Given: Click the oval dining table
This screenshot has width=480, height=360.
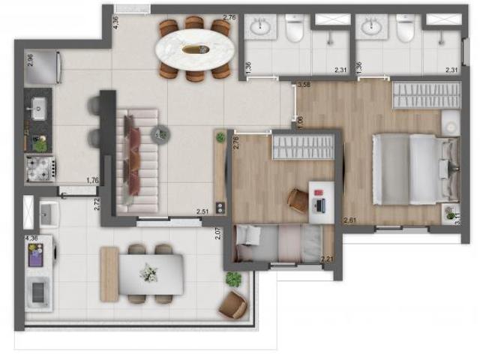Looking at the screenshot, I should [x=193, y=49].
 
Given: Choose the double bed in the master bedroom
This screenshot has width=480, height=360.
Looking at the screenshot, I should [x=413, y=169].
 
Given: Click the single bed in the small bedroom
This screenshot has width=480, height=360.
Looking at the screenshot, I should [x=277, y=244].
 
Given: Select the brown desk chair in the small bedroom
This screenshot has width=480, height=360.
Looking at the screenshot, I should [x=298, y=199].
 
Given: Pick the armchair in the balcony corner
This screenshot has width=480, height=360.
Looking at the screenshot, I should [x=233, y=304].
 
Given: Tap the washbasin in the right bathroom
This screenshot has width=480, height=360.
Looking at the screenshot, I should [x=370, y=28].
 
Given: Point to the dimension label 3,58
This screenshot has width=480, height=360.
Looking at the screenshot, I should [x=304, y=85].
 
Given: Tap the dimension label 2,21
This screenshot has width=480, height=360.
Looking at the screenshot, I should [x=327, y=260].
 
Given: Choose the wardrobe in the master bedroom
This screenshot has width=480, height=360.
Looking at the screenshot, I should [x=426, y=95].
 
